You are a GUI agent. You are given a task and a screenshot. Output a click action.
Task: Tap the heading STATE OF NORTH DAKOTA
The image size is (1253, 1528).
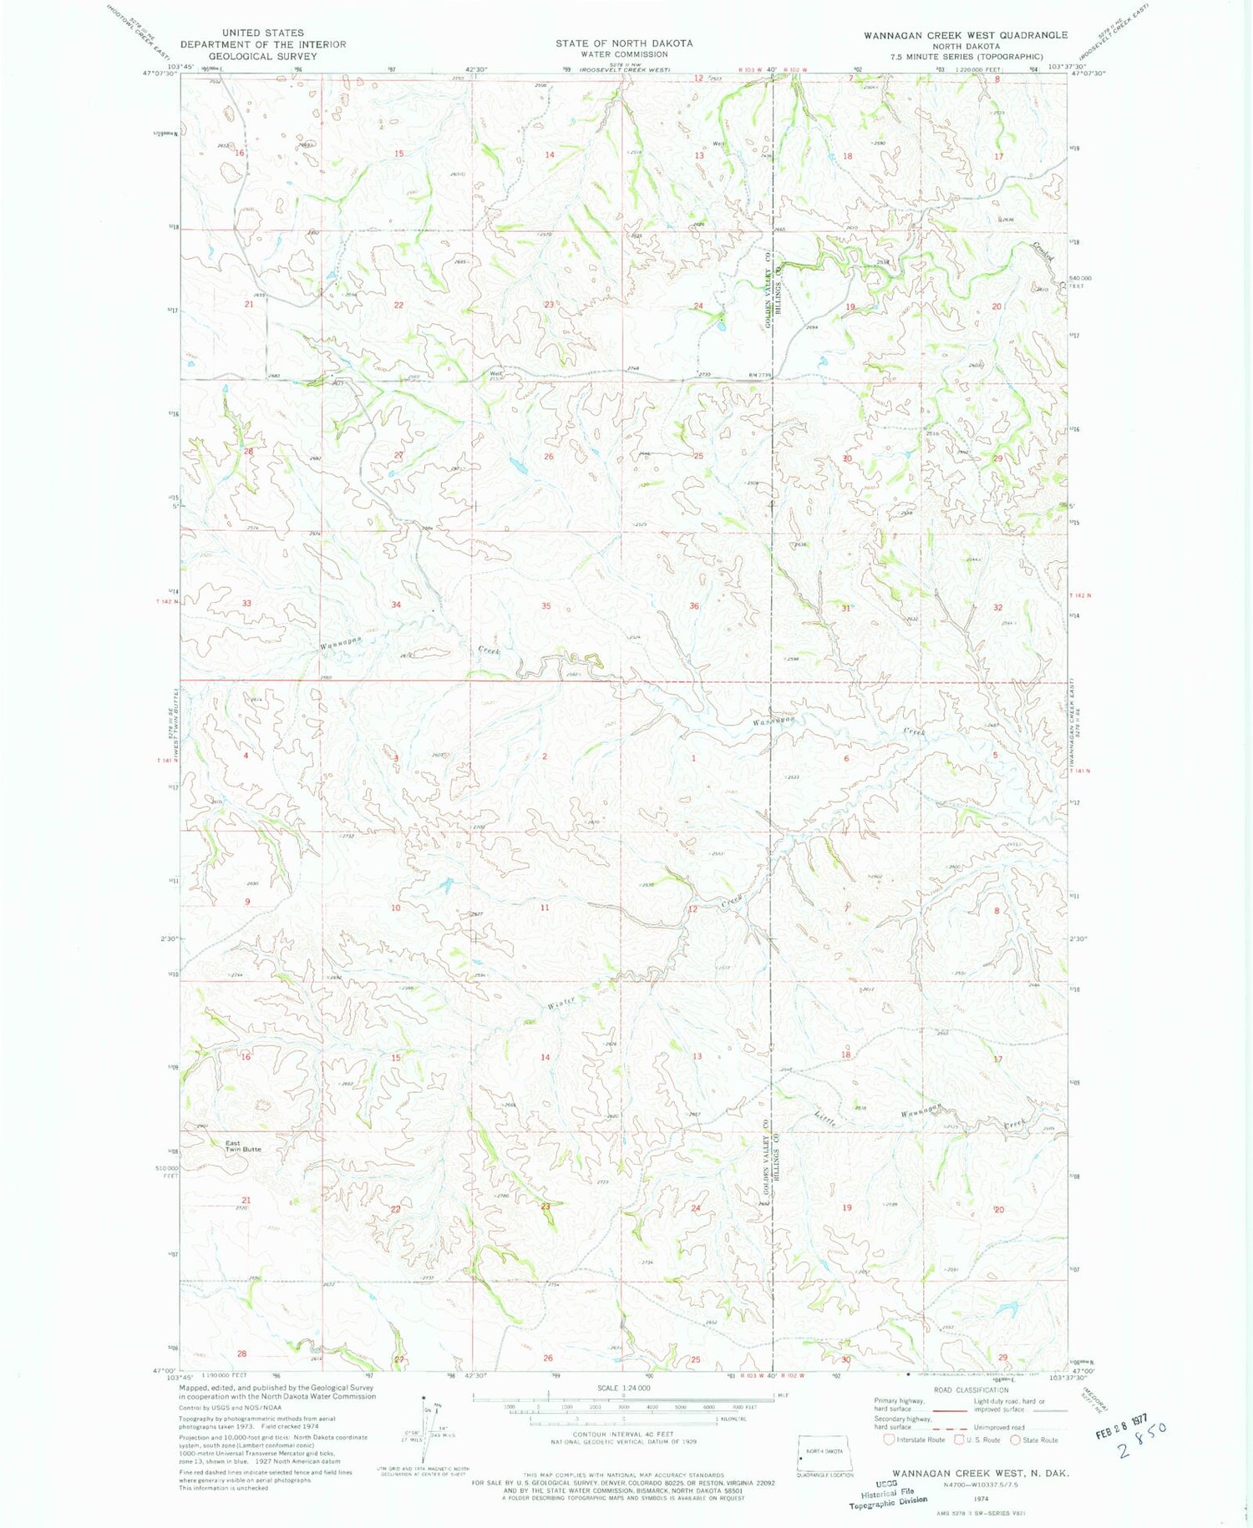point(624,43)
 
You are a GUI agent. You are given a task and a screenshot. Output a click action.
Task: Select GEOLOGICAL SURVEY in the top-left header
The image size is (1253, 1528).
point(262,57)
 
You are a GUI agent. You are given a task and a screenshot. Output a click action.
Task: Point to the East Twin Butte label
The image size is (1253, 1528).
point(242,1146)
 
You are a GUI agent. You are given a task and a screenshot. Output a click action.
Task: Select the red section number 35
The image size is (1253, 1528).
point(545,606)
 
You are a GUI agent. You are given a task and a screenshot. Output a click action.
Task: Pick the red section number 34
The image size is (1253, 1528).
point(396,605)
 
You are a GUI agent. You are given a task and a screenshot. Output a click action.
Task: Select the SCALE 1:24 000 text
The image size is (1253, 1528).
point(622,1388)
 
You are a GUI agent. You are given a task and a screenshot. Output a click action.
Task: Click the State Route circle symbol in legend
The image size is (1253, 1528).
point(1016,1439)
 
